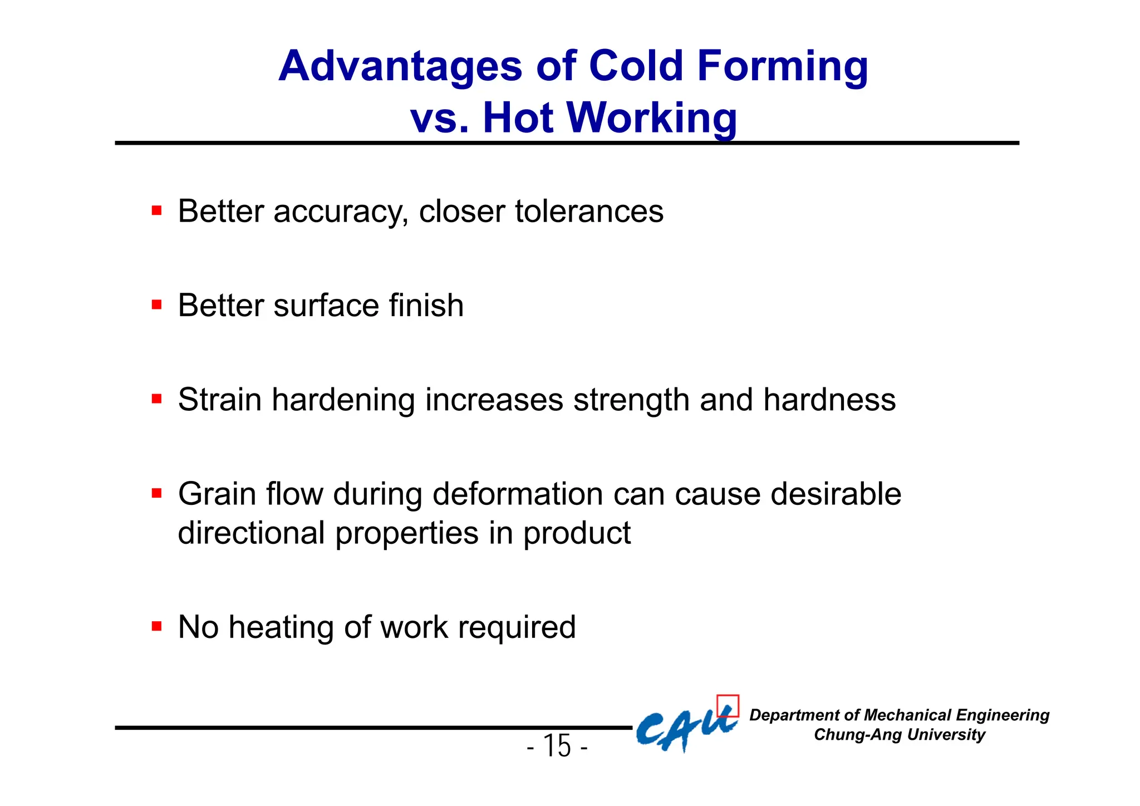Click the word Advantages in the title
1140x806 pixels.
(400, 67)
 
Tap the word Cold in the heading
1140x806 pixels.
(635, 67)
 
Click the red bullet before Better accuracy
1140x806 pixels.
(157, 211)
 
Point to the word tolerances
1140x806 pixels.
(589, 212)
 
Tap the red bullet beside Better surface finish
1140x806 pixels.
(157, 305)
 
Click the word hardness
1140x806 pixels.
(829, 400)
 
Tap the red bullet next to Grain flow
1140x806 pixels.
(157, 493)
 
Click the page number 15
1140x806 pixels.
(557, 746)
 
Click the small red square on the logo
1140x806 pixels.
(728, 705)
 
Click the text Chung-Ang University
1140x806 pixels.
(899, 735)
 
